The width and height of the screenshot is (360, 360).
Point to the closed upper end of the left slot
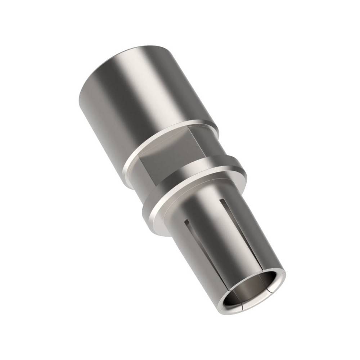point(186,220)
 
